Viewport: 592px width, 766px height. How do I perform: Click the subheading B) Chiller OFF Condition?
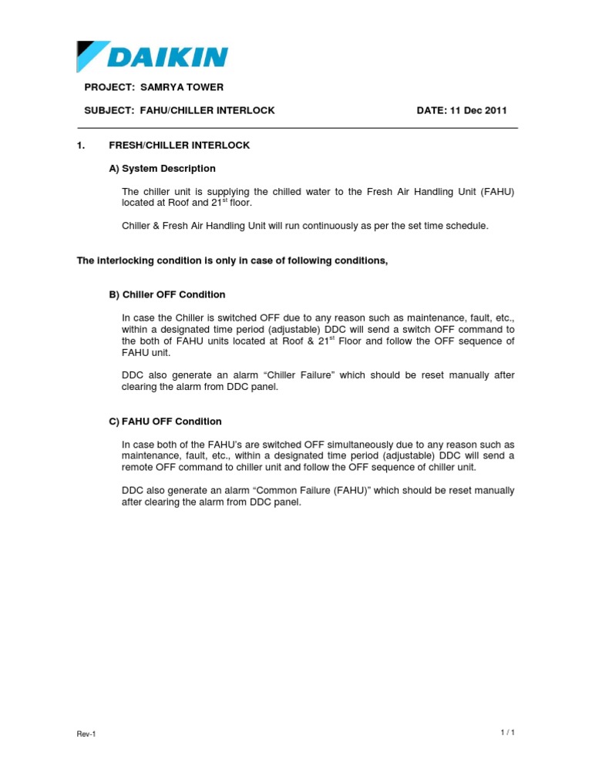(x=166, y=294)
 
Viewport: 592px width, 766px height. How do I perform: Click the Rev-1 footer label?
(x=86, y=734)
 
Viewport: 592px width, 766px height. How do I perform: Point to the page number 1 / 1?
(x=507, y=732)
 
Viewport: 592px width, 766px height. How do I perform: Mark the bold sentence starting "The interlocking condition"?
(x=231, y=260)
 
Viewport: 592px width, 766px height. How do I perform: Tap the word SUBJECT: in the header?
(x=109, y=111)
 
